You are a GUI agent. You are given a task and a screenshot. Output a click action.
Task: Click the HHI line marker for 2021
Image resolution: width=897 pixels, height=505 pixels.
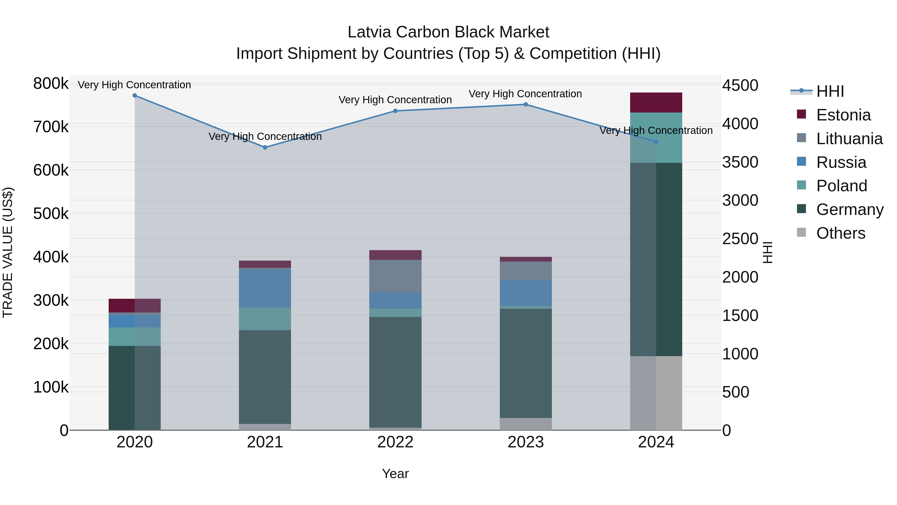point(265,147)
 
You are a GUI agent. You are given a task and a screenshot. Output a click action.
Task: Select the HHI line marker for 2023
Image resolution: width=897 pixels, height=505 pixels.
point(526,104)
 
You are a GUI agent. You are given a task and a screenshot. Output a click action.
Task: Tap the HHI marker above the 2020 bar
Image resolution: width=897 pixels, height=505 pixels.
point(135,96)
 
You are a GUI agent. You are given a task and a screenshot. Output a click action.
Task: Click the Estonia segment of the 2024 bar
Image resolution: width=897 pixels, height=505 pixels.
point(656,102)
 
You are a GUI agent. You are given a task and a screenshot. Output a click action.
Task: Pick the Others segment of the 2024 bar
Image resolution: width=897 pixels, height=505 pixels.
point(656,393)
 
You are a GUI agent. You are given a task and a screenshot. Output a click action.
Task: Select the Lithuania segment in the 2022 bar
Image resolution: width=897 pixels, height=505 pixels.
point(395,276)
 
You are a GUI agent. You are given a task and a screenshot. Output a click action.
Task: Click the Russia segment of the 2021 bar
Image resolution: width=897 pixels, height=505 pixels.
point(265,288)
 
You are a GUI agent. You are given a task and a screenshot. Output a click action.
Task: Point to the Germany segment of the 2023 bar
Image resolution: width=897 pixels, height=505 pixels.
point(526,363)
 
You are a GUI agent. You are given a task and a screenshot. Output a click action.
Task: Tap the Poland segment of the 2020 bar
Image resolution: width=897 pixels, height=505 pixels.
point(135,337)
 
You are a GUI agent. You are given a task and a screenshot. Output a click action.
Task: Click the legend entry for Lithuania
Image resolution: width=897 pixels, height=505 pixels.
point(849,139)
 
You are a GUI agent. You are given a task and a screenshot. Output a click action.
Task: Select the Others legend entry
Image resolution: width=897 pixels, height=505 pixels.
point(840,233)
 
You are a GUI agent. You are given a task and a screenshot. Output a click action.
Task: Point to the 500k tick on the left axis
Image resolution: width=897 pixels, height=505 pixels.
point(51,214)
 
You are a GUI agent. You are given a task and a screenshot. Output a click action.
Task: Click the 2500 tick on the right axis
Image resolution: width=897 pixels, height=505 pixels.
point(740,239)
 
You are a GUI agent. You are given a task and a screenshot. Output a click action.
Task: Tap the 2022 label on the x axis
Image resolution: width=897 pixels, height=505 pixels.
point(395,442)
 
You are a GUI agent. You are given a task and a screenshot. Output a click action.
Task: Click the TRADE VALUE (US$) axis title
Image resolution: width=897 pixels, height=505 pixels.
point(8,252)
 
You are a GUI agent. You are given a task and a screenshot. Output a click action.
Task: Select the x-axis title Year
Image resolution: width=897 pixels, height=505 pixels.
point(395,474)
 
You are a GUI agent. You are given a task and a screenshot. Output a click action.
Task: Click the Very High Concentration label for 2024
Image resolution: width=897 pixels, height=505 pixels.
point(656,131)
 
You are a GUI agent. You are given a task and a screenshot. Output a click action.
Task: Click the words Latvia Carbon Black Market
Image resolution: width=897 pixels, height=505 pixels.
point(448,32)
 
